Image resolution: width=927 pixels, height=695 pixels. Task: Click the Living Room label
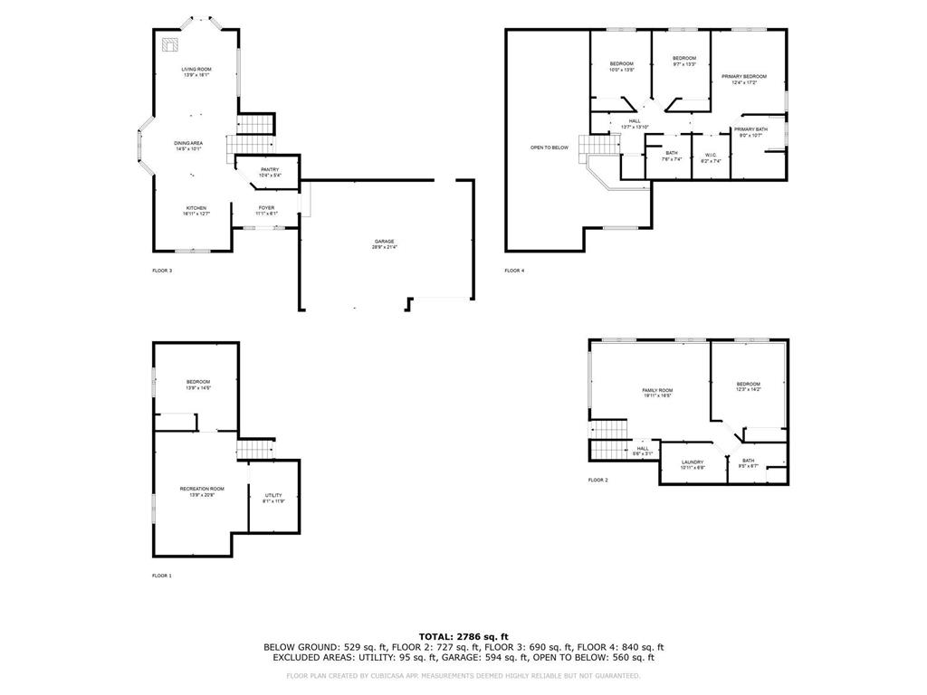click(x=196, y=70)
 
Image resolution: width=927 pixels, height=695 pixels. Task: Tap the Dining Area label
click(x=188, y=143)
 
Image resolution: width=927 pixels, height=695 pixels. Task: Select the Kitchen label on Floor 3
click(x=196, y=208)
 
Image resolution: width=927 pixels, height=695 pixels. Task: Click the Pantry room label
click(x=270, y=169)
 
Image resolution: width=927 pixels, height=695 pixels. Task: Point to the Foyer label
click(x=266, y=208)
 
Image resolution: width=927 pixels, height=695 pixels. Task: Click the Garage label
click(x=384, y=242)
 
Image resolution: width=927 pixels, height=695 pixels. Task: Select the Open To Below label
click(x=550, y=148)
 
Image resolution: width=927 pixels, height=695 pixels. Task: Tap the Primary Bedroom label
click(x=743, y=77)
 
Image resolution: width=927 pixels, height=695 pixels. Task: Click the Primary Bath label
click(x=750, y=129)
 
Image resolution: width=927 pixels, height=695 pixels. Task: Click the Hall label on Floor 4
click(x=635, y=121)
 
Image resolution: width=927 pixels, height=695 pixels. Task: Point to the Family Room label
click(x=658, y=390)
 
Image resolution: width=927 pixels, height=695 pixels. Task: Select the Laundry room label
click(x=693, y=462)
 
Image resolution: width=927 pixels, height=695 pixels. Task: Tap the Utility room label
click(x=273, y=495)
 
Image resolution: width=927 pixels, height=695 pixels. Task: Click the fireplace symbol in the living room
click(x=169, y=45)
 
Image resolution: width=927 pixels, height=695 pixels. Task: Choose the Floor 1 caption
click(x=161, y=576)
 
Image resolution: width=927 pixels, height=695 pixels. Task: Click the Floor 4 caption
click(x=514, y=271)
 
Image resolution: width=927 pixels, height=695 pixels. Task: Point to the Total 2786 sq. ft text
click(x=463, y=636)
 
